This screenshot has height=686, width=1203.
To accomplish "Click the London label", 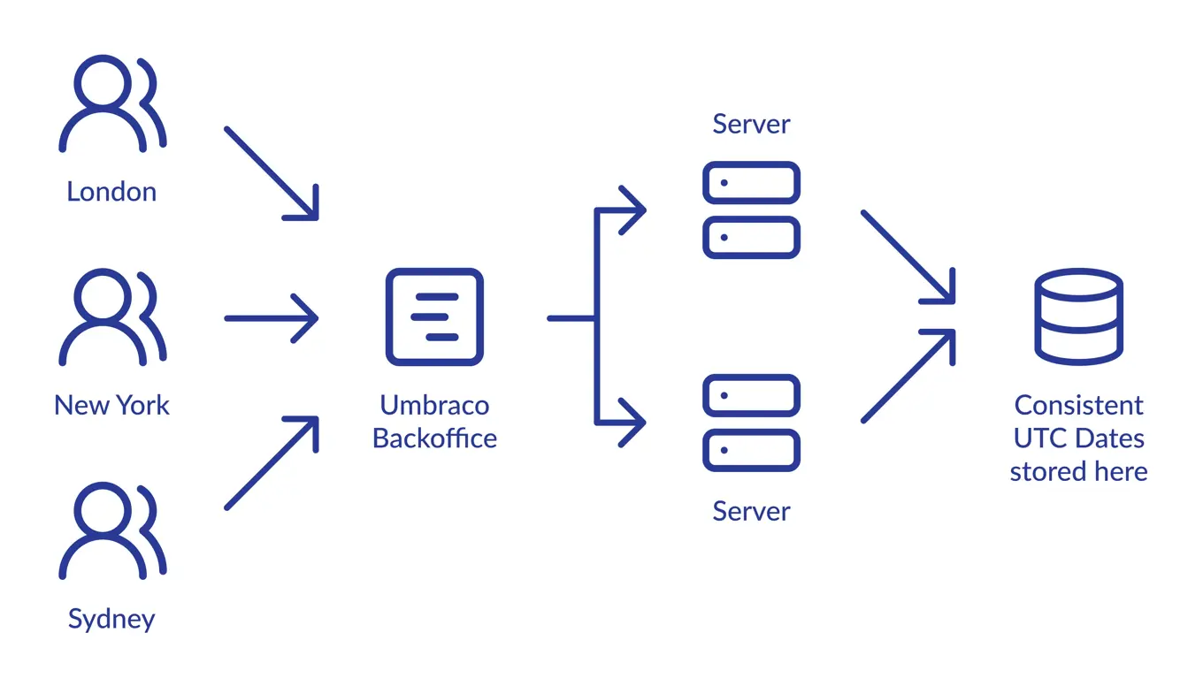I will point(111,192).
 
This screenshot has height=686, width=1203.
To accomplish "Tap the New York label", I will point(111,405).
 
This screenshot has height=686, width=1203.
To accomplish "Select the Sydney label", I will point(111,619).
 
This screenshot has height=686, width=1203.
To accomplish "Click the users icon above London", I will point(111,103).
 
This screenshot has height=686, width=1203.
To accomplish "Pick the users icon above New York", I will point(111,316).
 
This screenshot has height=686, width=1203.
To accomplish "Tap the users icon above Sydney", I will point(111,530).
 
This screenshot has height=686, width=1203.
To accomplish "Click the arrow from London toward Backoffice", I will point(271,172).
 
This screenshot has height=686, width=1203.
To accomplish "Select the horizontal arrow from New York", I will point(271,317).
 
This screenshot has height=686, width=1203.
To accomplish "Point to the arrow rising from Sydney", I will point(271,462).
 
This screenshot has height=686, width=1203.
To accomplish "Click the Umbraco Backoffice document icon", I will point(434,316).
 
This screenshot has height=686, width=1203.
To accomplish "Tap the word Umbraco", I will point(434,405).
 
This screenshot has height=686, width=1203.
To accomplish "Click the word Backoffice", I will point(434,438).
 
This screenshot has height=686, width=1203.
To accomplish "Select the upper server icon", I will point(751,210).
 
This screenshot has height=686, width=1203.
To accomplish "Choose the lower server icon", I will point(751,423).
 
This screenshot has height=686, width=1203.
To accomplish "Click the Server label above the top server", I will point(751,124).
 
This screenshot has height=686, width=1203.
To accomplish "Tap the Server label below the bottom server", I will point(751,511).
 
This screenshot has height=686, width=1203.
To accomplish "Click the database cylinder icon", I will point(1078,316).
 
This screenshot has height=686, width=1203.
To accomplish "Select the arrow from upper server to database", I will point(908,257).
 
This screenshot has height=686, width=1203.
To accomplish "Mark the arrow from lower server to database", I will point(908,376).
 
